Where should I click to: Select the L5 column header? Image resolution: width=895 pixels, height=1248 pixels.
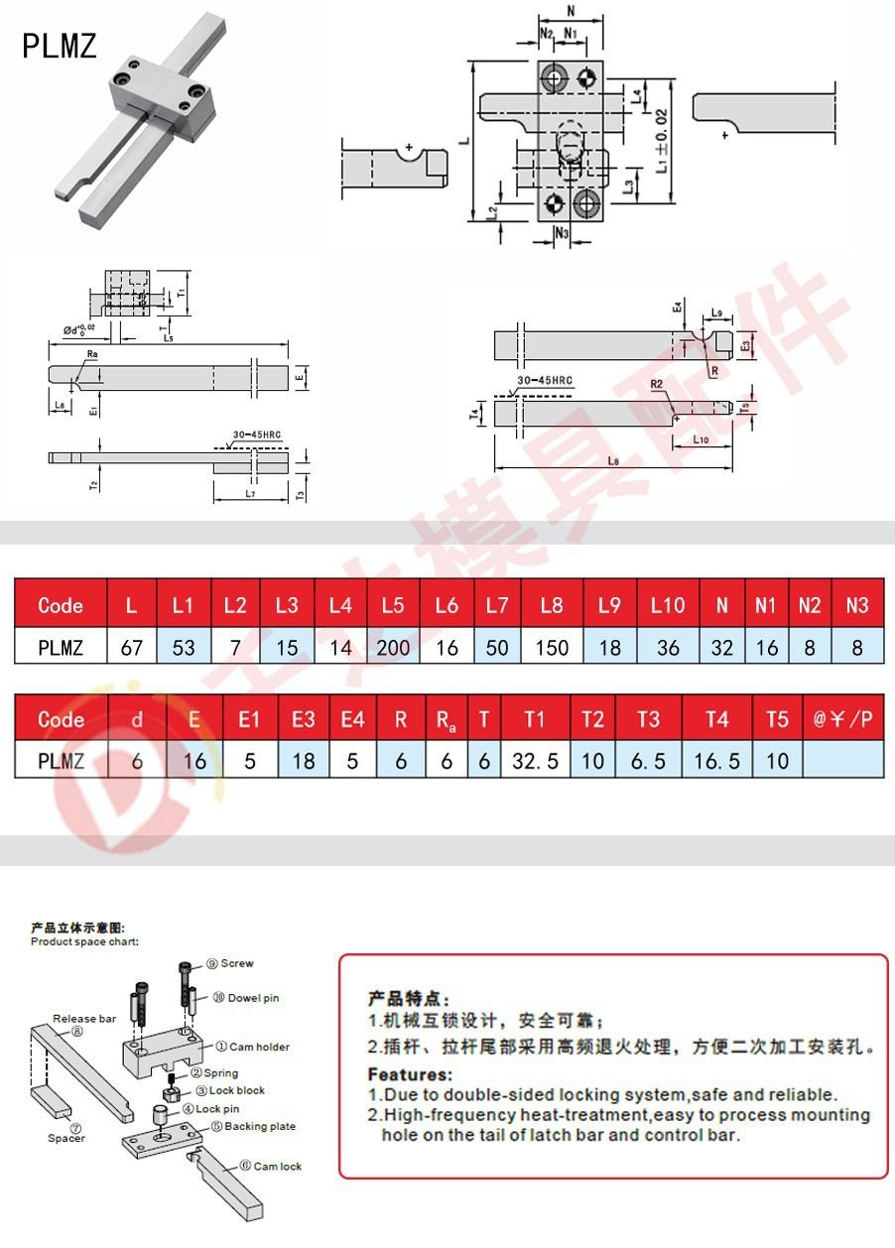[393, 605]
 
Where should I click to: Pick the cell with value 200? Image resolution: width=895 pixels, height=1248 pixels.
[393, 648]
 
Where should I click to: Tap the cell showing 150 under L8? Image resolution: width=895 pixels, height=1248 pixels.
[552, 648]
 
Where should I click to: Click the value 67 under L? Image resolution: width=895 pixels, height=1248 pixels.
[131, 648]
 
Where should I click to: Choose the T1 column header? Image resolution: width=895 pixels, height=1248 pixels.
[535, 719]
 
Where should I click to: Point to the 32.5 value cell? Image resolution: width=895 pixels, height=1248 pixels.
[535, 762]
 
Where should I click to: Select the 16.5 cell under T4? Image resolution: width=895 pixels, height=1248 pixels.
[716, 762]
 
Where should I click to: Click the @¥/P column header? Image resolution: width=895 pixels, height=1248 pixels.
[842, 719]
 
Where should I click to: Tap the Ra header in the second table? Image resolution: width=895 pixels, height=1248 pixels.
[447, 720]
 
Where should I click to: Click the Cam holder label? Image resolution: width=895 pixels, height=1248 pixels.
[259, 1047]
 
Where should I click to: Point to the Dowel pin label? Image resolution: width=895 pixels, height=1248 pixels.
[253, 998]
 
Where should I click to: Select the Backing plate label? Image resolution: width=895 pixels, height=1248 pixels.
[260, 1127]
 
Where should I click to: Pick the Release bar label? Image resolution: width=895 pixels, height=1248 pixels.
[84, 1019]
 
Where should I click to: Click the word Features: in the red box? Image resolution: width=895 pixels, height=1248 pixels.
[410, 1074]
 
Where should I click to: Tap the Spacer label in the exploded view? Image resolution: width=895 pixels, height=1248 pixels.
[66, 1138]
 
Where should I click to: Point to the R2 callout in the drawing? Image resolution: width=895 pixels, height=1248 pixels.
[656, 383]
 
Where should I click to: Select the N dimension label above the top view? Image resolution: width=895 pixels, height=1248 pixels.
[571, 11]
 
